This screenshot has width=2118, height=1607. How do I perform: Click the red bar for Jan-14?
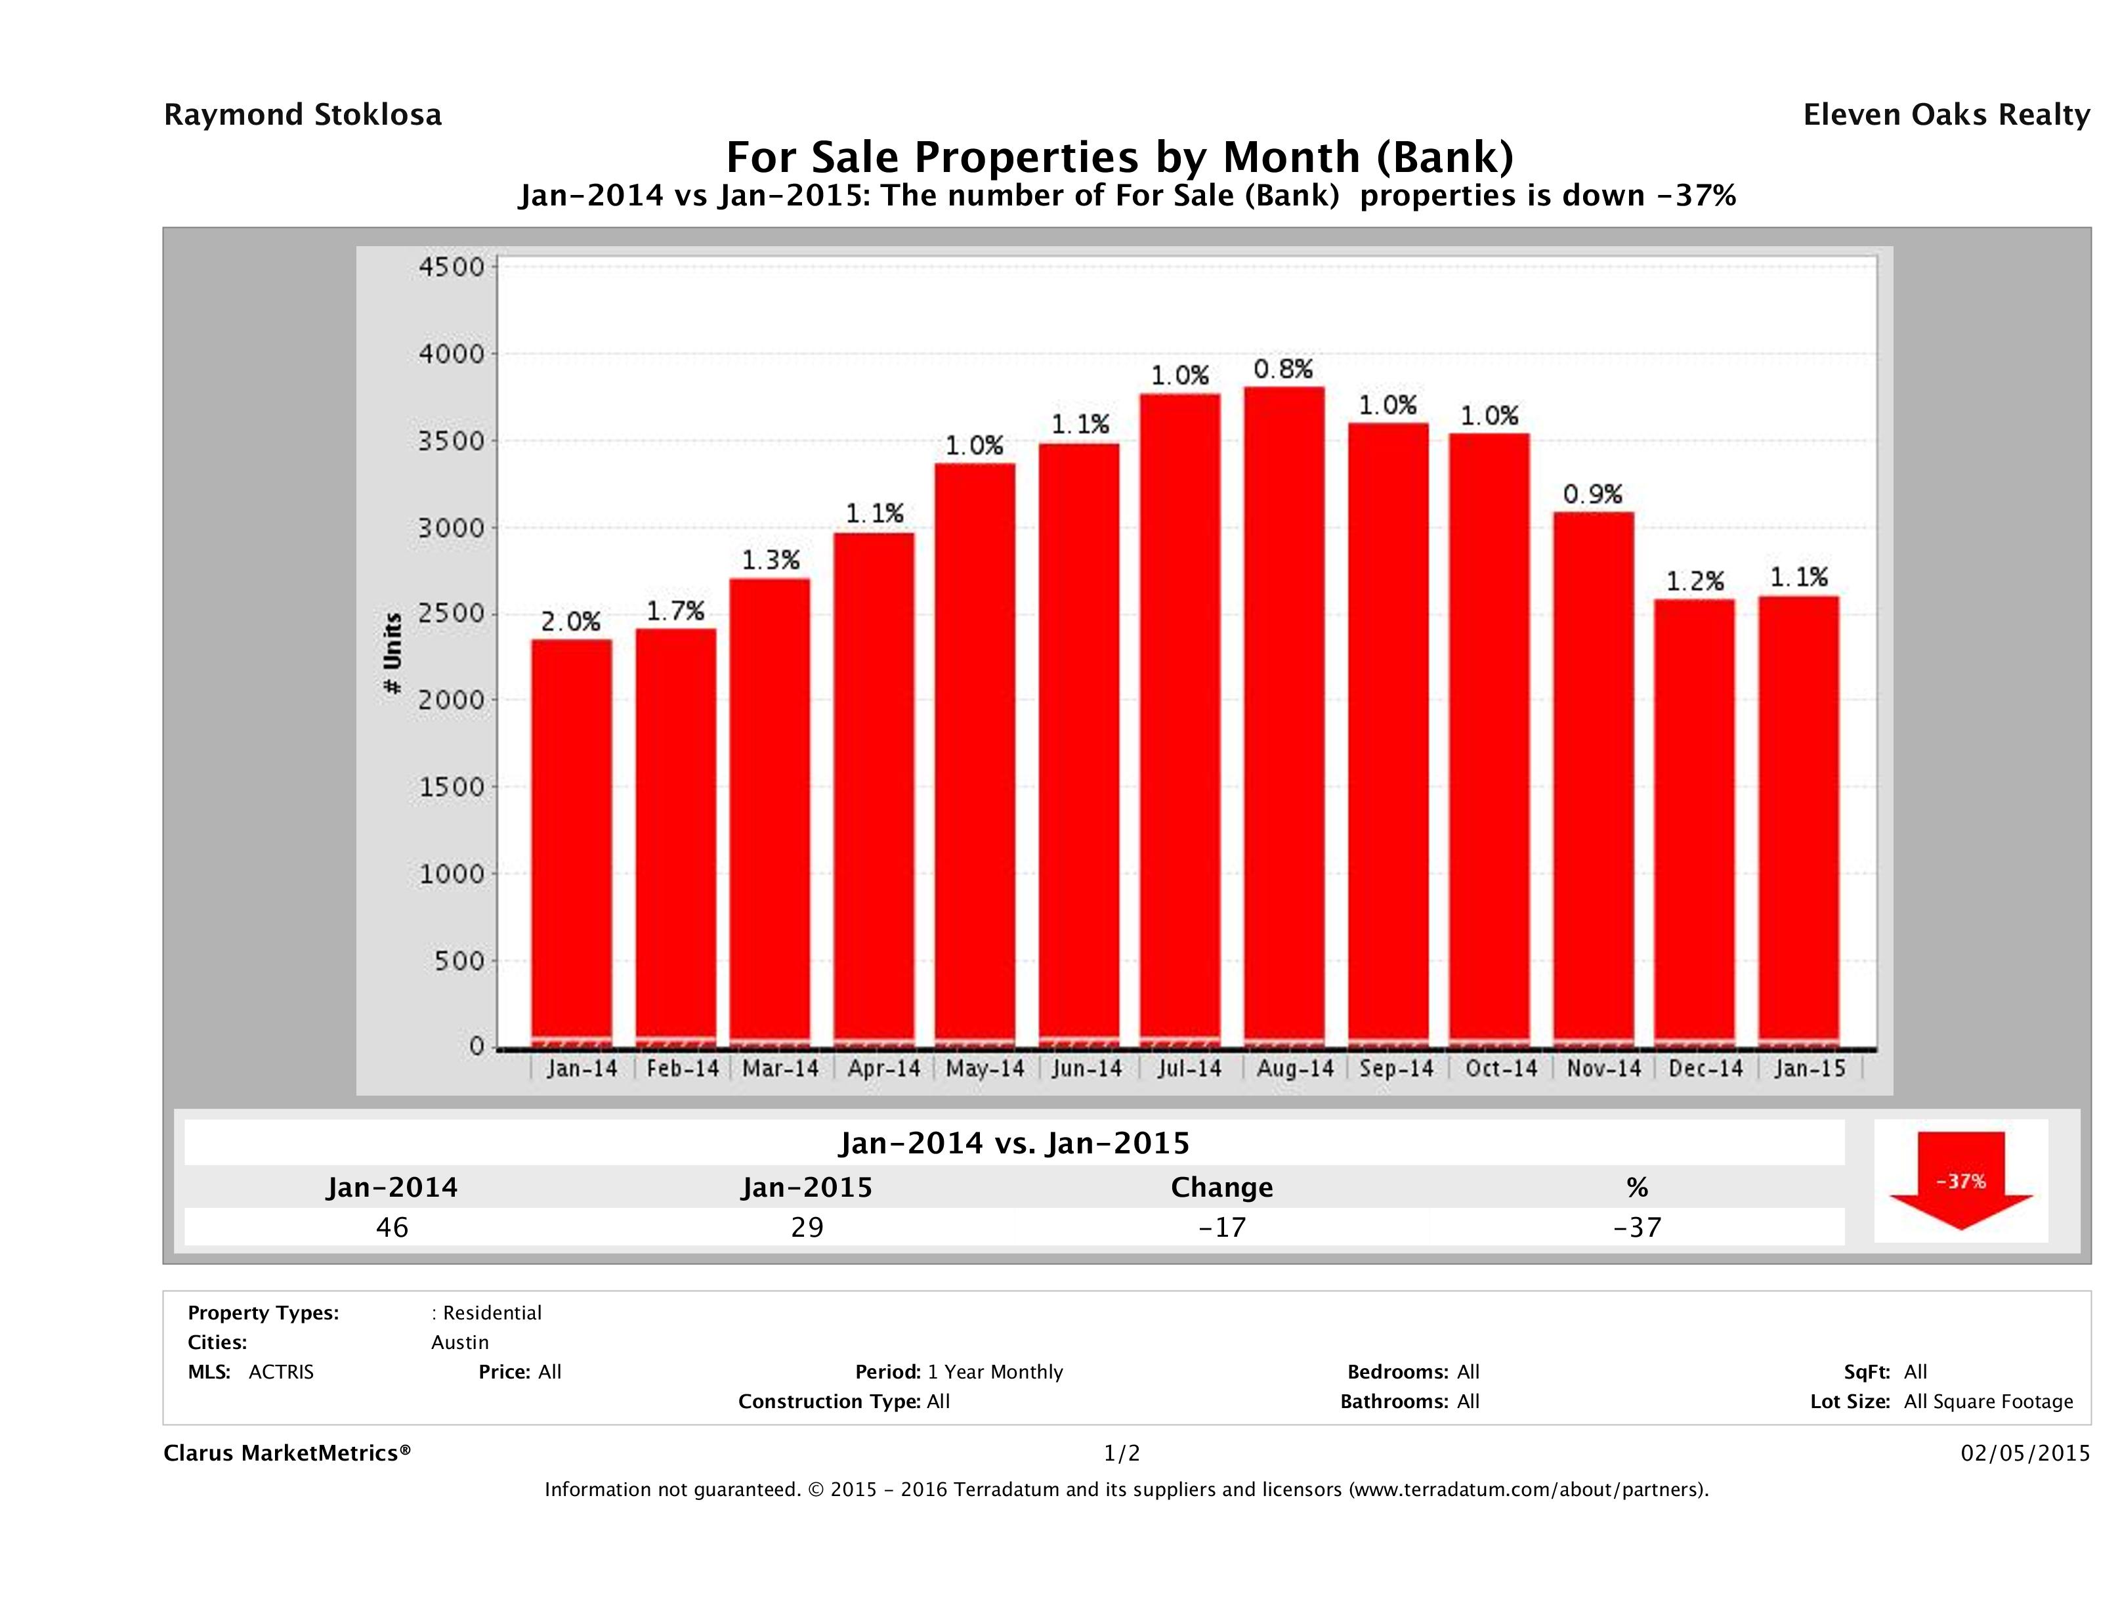click(572, 843)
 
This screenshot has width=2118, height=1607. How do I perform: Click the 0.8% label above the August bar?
click(1283, 369)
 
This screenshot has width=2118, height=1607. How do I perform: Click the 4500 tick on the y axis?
click(452, 267)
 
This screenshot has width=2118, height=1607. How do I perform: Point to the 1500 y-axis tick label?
click(452, 786)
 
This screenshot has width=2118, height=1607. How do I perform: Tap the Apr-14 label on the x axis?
click(883, 1068)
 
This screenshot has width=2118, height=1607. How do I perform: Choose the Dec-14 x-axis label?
click(1705, 1068)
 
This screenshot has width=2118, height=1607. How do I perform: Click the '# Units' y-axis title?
click(392, 653)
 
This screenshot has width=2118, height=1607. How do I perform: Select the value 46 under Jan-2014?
click(392, 1227)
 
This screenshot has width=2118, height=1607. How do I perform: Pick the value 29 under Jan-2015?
click(807, 1227)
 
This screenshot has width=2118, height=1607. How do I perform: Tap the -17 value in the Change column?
click(1222, 1227)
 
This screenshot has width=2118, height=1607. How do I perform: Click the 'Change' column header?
click(1222, 1188)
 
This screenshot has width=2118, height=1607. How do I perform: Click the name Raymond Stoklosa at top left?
click(303, 115)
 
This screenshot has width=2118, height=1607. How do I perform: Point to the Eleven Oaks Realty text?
click(1945, 115)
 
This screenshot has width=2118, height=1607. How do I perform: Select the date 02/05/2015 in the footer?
click(2025, 1453)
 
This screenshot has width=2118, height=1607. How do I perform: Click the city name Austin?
click(459, 1342)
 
